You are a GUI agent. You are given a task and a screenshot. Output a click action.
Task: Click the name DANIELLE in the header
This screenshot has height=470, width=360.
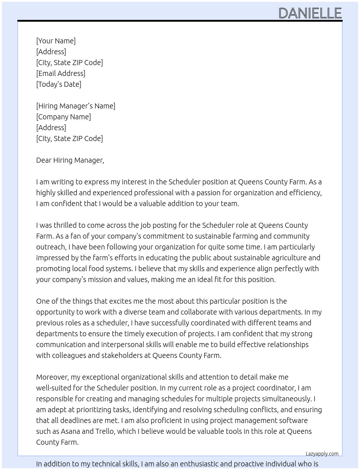click(310, 13)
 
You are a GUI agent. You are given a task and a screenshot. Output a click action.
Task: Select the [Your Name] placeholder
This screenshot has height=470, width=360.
click(56, 41)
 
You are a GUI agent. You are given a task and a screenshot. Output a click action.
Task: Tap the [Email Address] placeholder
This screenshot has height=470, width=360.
click(61, 73)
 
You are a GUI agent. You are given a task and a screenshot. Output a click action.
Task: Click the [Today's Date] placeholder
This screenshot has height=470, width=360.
click(59, 84)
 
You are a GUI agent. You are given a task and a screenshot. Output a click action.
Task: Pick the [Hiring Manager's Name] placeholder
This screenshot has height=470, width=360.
click(76, 106)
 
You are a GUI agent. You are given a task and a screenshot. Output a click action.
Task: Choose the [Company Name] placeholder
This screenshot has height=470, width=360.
click(63, 117)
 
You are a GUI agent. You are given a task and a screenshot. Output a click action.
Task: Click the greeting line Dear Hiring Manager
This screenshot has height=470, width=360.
click(70, 160)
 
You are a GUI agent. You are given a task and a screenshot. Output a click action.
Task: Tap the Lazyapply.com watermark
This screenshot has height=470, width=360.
click(322, 454)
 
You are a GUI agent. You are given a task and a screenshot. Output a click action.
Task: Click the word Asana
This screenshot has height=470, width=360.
click(70, 431)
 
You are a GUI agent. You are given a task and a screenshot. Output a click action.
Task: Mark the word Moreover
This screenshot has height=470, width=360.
click(52, 377)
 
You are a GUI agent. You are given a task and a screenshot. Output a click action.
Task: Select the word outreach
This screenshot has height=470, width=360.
click(50, 247)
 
